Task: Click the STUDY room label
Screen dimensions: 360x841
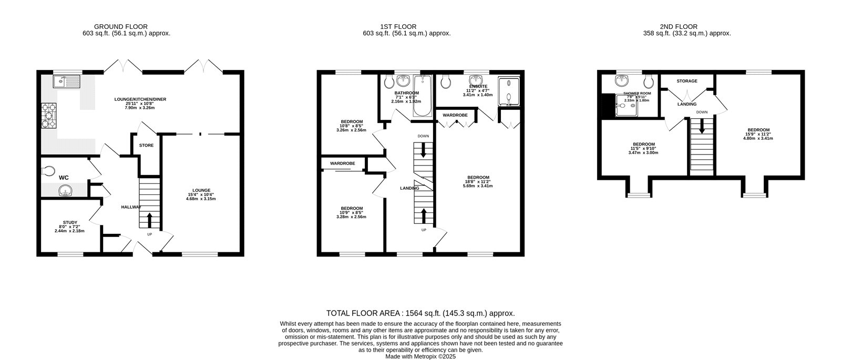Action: coord(69,222)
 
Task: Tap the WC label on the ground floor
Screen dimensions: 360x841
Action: coord(64,178)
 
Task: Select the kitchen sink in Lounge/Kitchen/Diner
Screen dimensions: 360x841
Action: coord(66,81)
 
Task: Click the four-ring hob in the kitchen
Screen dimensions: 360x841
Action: coord(48,114)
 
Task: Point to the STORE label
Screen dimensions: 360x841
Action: coord(146,145)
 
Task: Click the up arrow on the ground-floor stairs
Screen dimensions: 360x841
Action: coord(149,219)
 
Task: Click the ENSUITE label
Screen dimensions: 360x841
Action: coord(478,86)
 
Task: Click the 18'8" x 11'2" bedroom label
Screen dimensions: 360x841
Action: coord(478,177)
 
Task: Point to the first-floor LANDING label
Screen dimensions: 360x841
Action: coord(409,188)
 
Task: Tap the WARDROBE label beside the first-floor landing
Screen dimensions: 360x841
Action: coord(342,163)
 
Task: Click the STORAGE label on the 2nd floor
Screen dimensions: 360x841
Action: coord(687,81)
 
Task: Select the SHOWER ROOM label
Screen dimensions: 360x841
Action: coord(637,93)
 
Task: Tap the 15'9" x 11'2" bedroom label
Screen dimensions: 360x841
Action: coord(758,130)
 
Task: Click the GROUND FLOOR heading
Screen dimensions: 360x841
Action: coord(121,26)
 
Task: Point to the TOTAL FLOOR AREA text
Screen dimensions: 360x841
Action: coord(420,313)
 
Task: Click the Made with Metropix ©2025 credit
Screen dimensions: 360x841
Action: coord(420,356)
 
